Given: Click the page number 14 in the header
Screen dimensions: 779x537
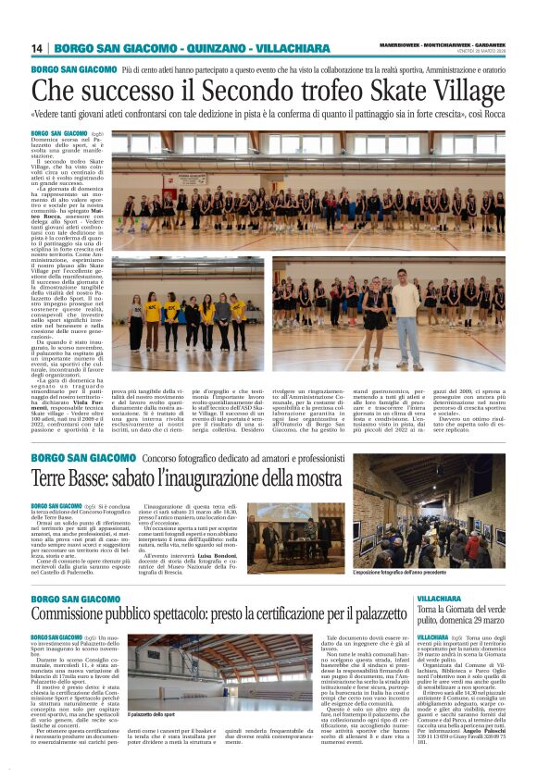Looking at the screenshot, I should click(x=38, y=48).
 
